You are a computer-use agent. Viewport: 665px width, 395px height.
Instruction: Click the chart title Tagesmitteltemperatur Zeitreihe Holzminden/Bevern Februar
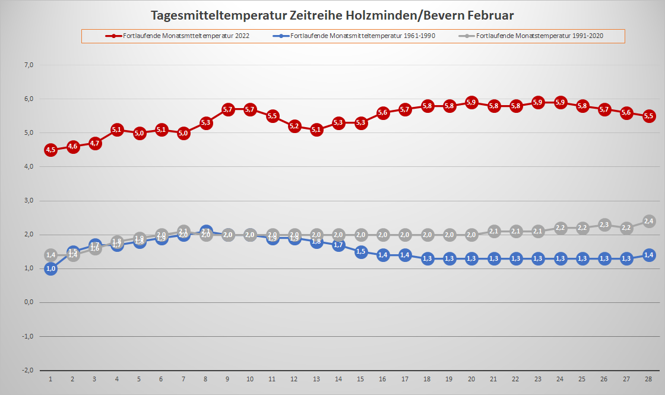point(332,15)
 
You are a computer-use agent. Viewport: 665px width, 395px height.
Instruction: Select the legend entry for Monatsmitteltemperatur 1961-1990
point(363,36)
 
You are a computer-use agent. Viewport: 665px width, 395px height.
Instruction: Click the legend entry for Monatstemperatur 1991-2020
point(539,36)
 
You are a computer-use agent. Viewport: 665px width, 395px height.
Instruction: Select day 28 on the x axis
point(649,379)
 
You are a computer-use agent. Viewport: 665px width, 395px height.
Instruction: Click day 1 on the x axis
point(50,379)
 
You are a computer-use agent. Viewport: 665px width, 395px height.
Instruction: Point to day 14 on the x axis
point(338,379)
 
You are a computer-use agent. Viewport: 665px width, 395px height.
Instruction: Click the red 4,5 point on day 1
point(50,150)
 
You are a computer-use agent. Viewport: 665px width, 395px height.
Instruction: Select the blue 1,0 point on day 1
point(50,268)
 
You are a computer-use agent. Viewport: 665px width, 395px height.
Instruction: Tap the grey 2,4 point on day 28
point(649,221)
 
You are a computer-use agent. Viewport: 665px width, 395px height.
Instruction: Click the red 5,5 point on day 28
point(649,116)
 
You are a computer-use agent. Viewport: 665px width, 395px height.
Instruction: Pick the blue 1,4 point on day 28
point(649,255)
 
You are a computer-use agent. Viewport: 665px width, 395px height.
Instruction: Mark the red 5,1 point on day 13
point(316,129)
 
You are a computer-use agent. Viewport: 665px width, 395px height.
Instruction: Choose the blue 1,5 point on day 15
point(361,251)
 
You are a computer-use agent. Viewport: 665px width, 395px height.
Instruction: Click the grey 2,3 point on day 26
point(604,225)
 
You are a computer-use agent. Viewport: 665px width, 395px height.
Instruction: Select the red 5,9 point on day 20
point(471,102)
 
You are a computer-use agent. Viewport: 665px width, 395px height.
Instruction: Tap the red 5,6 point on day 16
point(383,112)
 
